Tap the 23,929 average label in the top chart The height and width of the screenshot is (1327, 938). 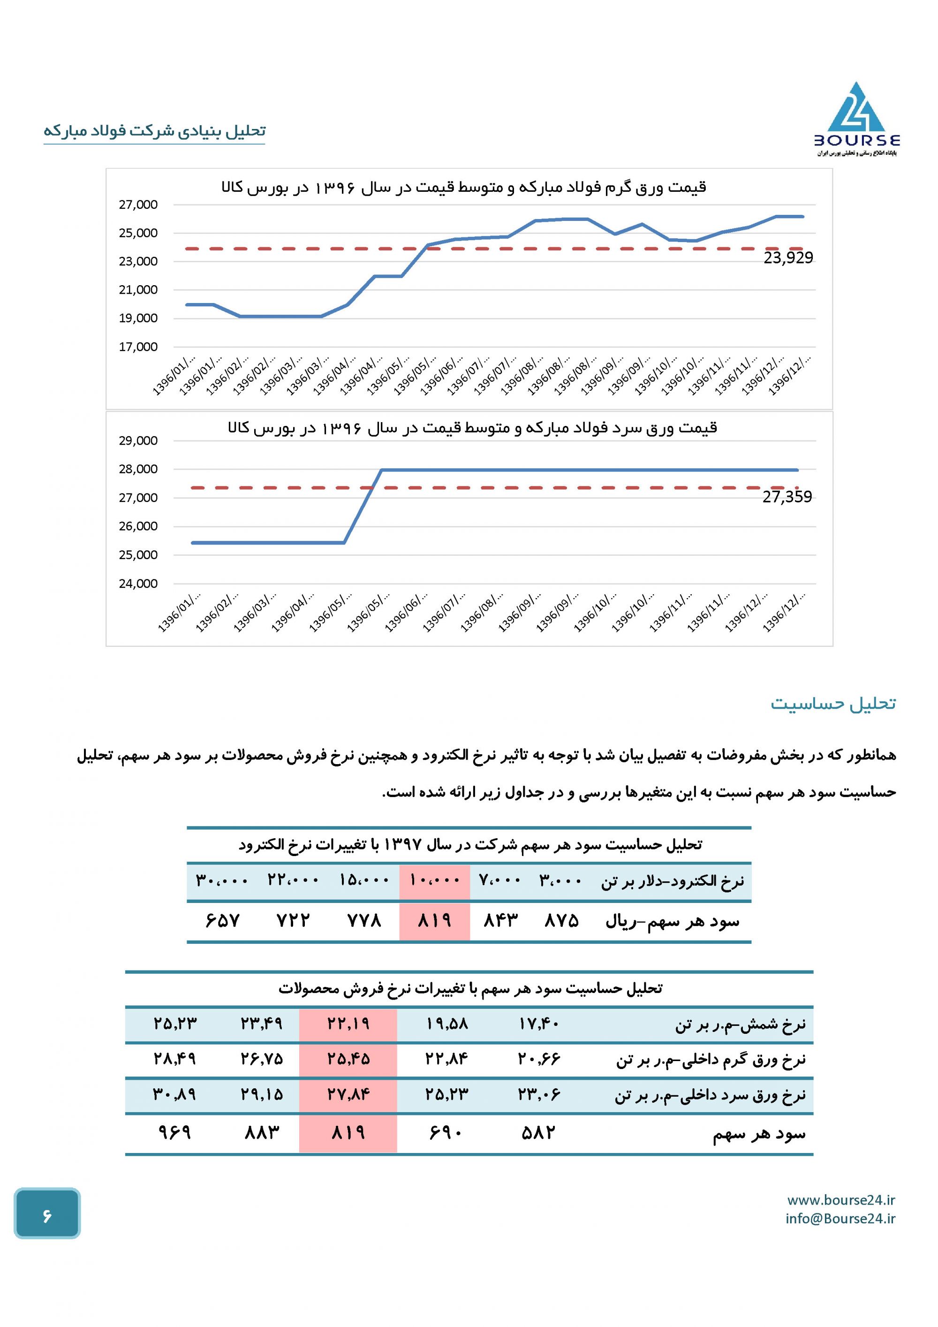point(788,258)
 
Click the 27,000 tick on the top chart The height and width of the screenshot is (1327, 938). point(138,205)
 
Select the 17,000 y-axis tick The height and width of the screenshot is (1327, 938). point(138,347)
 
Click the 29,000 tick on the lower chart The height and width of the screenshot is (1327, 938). point(138,441)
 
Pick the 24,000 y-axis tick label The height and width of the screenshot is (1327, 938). point(138,584)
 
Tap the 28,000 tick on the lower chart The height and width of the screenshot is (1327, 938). point(138,469)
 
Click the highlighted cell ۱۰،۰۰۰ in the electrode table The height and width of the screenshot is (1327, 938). point(435,880)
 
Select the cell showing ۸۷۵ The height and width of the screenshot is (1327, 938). point(561,920)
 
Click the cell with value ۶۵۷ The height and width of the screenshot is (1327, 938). point(222,920)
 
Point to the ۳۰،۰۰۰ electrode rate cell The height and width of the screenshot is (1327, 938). point(222,880)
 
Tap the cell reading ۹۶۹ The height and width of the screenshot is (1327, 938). point(174,1132)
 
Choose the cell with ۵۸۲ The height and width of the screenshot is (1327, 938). point(538,1132)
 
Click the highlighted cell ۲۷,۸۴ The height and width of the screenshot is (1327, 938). point(348,1093)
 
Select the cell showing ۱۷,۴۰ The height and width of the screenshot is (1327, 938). point(538,1024)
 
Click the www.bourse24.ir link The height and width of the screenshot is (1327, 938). point(841,1200)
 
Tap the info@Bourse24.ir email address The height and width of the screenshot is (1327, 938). point(840,1218)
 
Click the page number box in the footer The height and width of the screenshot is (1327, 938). point(47,1214)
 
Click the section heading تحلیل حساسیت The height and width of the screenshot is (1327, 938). point(833,704)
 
